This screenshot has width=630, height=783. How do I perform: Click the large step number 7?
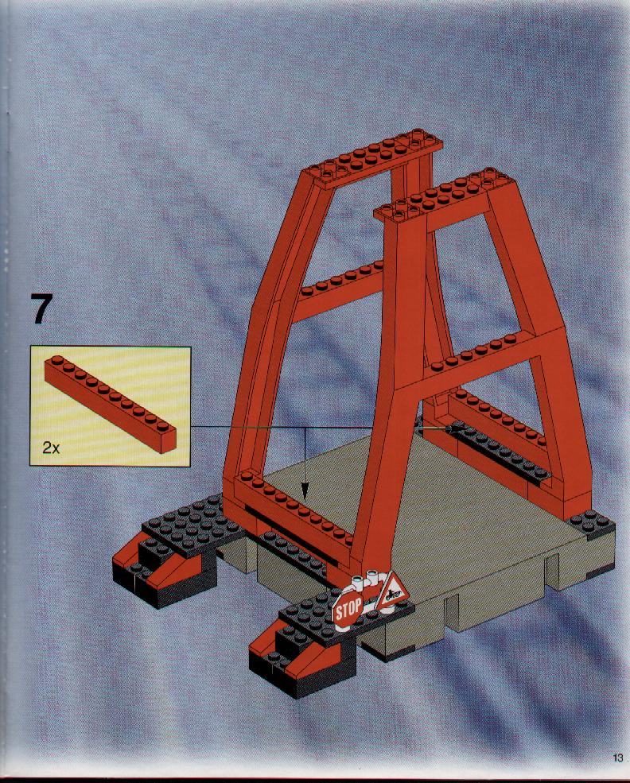coord(41,308)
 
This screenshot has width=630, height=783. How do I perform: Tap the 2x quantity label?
coord(51,448)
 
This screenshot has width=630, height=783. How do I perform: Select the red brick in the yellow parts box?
coord(111,404)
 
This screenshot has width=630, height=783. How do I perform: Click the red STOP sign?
coord(348,609)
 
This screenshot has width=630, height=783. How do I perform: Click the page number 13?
coord(617,758)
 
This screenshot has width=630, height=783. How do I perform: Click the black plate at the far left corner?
coord(192,525)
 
